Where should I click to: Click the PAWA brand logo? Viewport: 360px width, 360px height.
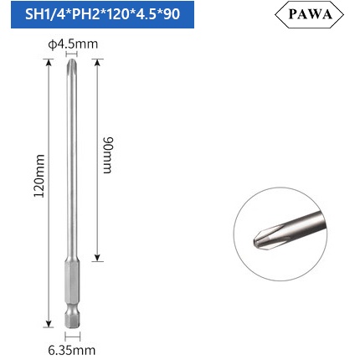(x=309, y=14)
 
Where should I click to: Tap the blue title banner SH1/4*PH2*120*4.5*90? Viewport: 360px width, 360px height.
(x=102, y=14)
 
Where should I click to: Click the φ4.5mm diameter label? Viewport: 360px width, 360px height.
(x=73, y=44)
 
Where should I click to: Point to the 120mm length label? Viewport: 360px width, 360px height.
(x=39, y=176)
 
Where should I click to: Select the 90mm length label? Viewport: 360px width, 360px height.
(x=108, y=155)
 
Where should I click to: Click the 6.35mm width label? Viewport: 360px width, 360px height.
(x=72, y=350)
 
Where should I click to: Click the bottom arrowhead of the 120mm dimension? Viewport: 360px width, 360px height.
(x=49, y=324)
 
